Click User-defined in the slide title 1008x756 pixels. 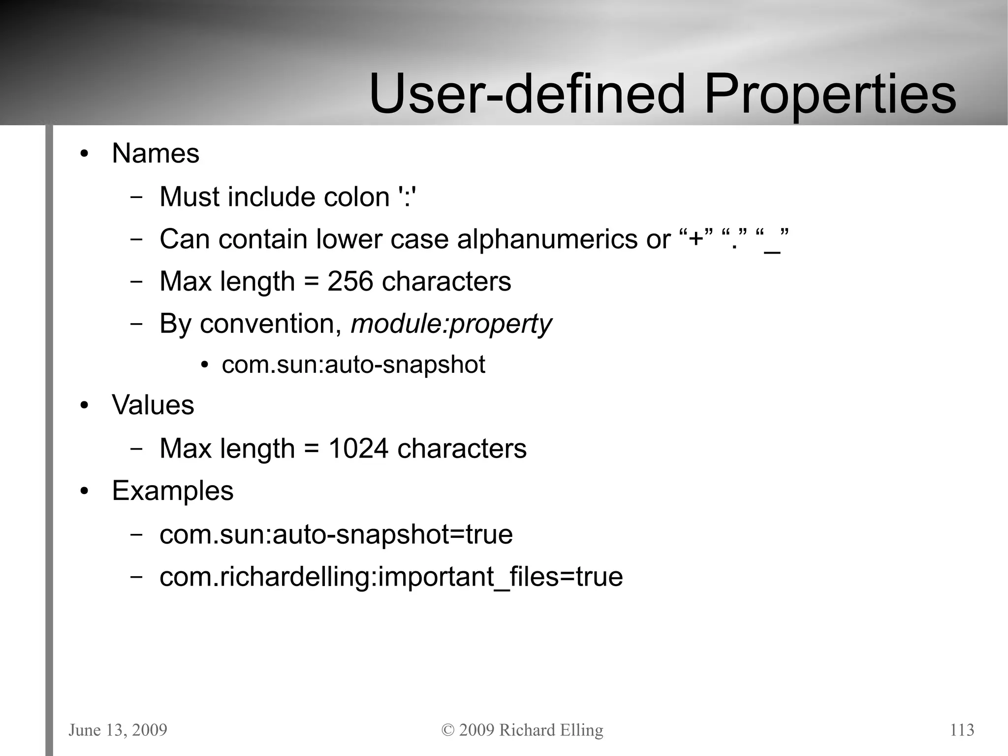coord(527,94)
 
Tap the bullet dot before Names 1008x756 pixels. coord(85,154)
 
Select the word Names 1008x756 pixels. coord(156,153)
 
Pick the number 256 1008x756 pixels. coord(350,282)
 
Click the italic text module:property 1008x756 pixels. coord(451,325)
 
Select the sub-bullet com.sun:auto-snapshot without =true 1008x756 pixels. coord(353,365)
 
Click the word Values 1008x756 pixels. coord(153,405)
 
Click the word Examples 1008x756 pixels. coord(173,491)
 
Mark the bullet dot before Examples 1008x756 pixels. coord(85,492)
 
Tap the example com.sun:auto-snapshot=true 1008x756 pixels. coord(336,534)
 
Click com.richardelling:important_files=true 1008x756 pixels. coord(391,577)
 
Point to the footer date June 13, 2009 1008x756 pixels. coord(118,730)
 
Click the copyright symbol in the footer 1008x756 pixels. coord(448,730)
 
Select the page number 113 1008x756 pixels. coord(962,730)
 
